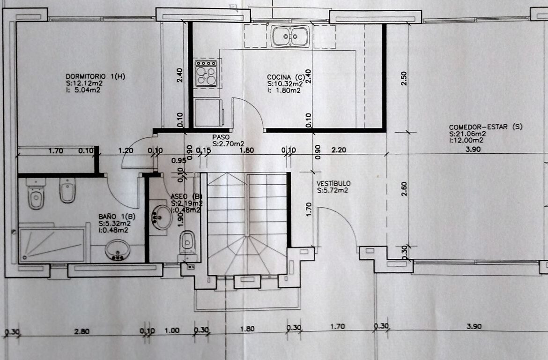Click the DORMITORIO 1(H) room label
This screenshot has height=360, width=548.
click(96, 76)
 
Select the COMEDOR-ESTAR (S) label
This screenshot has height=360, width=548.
click(485, 127)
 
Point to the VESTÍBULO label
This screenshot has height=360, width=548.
click(333, 183)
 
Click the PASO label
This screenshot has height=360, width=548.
click(221, 137)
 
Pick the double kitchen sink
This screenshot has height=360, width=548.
click(290, 36)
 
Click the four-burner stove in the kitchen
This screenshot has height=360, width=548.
click(206, 73)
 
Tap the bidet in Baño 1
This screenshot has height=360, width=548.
click(67, 190)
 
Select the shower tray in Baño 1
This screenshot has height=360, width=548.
click(52, 245)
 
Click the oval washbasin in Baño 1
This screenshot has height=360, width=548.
click(118, 250)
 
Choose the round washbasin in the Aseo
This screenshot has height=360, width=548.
click(162, 217)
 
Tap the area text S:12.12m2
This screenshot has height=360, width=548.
click(84, 83)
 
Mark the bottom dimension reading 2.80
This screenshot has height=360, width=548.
click(81, 331)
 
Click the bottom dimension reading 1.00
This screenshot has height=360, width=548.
click(171, 330)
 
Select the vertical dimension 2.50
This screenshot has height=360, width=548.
click(404, 78)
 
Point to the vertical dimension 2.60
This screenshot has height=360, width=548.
click(404, 188)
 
